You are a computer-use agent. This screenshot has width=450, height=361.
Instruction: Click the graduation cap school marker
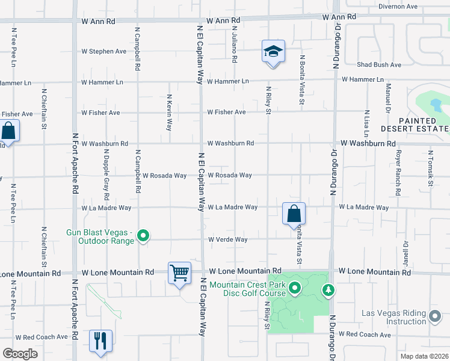[x=273, y=52]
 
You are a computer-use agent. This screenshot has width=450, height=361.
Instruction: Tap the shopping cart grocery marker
[x=179, y=273]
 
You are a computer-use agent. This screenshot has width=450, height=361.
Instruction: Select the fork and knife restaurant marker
[x=100, y=340]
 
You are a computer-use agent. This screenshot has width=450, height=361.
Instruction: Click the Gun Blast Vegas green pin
[x=143, y=235]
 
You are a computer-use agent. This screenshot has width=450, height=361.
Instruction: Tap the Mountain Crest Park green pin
[x=295, y=289]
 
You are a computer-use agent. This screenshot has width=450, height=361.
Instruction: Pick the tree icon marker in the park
[x=328, y=291]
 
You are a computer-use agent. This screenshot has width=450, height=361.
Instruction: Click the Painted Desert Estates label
[x=415, y=125]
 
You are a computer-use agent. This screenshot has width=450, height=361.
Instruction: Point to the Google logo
[x=20, y=354]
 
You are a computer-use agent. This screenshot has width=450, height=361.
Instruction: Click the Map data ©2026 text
[x=425, y=356]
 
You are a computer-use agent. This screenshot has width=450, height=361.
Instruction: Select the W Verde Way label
[x=228, y=239]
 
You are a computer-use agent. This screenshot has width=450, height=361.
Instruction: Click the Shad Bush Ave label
[x=378, y=65]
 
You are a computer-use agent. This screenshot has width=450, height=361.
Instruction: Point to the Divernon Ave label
[x=398, y=7]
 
